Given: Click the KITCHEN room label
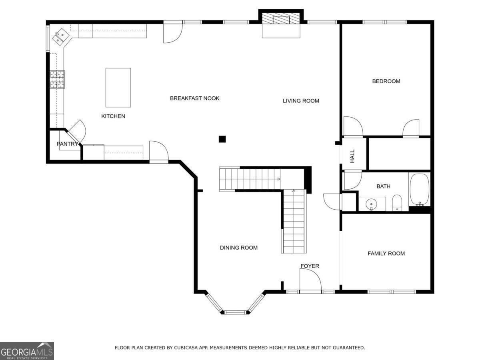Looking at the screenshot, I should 113,116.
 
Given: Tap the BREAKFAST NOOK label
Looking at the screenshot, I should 194,98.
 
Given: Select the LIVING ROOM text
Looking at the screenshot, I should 301,101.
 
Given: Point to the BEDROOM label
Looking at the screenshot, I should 386,81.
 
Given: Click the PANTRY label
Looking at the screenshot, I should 67,144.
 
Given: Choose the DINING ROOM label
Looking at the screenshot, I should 238,248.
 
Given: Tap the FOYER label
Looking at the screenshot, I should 310,266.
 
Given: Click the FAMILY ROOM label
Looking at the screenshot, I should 386,253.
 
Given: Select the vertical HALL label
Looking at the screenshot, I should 352,156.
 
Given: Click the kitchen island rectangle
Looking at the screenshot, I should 118,87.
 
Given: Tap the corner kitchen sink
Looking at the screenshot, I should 61,36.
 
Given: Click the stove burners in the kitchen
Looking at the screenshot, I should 57,79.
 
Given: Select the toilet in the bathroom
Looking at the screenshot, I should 396,202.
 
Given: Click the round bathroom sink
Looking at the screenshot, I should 372,204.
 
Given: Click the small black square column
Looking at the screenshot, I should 222,139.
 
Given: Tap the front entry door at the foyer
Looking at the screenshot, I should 310,280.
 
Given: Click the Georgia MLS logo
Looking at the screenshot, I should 27,351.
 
